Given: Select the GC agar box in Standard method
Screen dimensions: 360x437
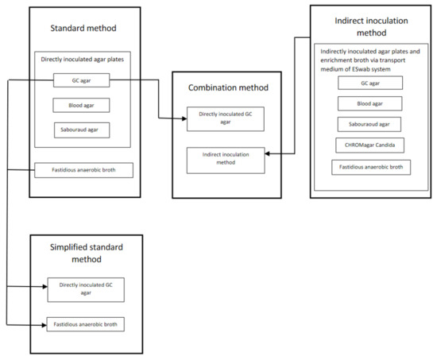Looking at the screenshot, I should pyautogui.click(x=82, y=80).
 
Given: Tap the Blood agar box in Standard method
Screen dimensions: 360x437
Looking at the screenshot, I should pyautogui.click(x=82, y=105).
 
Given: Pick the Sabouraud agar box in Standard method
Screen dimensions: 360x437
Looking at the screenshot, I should pyautogui.click(x=82, y=129).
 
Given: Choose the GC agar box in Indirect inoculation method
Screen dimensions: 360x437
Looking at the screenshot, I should pyautogui.click(x=370, y=83).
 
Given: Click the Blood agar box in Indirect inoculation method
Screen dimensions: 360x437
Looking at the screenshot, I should pyautogui.click(x=370, y=103).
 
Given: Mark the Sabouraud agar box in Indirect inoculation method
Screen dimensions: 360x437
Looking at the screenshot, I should pyautogui.click(x=370, y=124).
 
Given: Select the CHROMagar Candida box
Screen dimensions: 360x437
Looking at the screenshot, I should pyautogui.click(x=370, y=145).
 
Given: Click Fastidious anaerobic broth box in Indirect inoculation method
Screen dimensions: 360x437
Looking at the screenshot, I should pyautogui.click(x=371, y=166).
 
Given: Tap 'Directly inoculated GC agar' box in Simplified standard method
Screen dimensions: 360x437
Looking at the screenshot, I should pyautogui.click(x=86, y=289).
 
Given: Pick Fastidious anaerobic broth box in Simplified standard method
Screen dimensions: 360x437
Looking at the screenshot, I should pyautogui.click(x=86, y=325).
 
